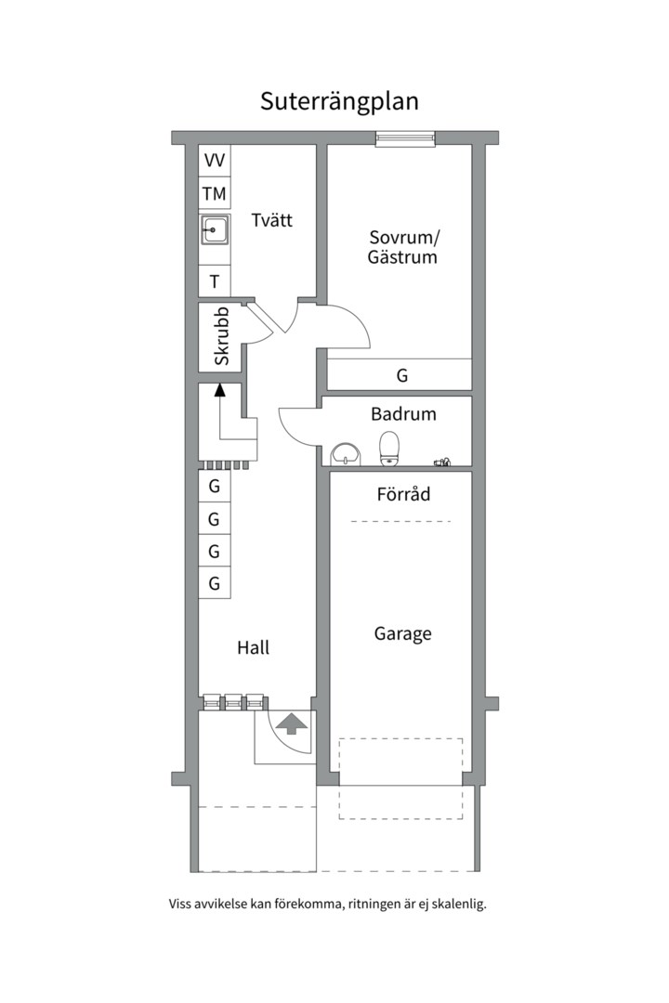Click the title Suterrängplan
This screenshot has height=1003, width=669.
(x=339, y=101)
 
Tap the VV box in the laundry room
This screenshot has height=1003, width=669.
(x=215, y=161)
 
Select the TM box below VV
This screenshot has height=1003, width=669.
(x=215, y=194)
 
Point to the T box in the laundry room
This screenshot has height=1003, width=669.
(x=215, y=281)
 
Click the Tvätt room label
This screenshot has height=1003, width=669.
(x=271, y=220)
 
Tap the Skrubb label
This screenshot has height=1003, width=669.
(x=221, y=336)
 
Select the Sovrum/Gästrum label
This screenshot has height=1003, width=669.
(x=401, y=246)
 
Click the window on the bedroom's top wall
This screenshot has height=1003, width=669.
(x=405, y=138)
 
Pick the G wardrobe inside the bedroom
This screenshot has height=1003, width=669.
(x=401, y=376)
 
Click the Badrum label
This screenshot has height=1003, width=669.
(x=403, y=414)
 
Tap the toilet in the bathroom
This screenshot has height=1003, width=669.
(x=389, y=448)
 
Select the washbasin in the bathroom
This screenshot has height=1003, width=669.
(x=347, y=453)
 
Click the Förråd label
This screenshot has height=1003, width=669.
(x=403, y=494)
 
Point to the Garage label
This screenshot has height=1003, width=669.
(x=403, y=634)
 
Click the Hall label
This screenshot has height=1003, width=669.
(x=253, y=647)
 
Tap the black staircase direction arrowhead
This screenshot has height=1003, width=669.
(x=220, y=390)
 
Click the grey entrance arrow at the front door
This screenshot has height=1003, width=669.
(x=291, y=723)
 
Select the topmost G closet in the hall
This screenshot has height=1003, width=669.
(x=215, y=486)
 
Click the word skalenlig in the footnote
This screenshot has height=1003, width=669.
(x=456, y=903)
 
